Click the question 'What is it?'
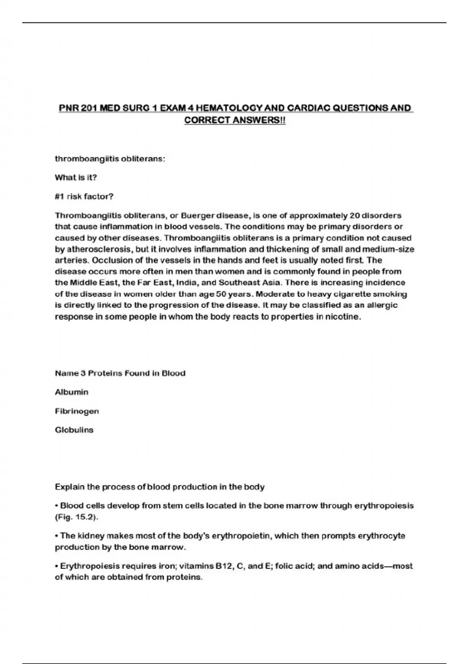tap(76, 178)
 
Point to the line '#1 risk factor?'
tap(84, 196)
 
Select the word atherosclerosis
tap(98, 249)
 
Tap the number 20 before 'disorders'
tap(354, 216)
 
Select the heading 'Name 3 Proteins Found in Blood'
tap(120, 373)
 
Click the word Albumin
tap(72, 392)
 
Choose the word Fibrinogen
tap(77, 411)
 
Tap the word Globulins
tap(74, 430)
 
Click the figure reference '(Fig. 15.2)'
tap(76, 517)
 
